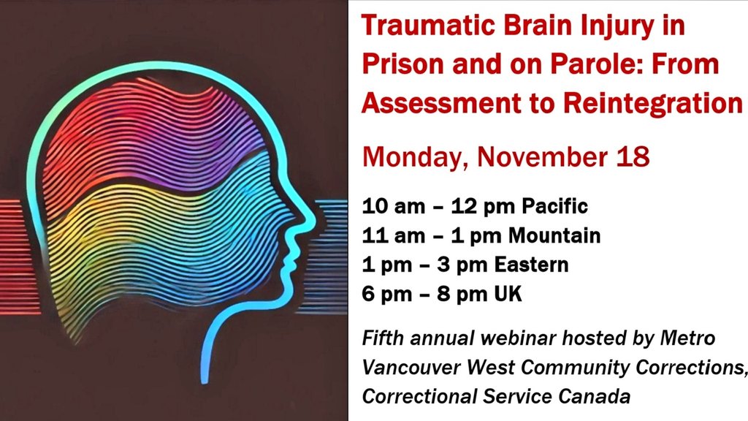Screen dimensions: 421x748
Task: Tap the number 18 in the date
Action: [633, 156]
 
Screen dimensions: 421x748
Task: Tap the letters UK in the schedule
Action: [505, 294]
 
